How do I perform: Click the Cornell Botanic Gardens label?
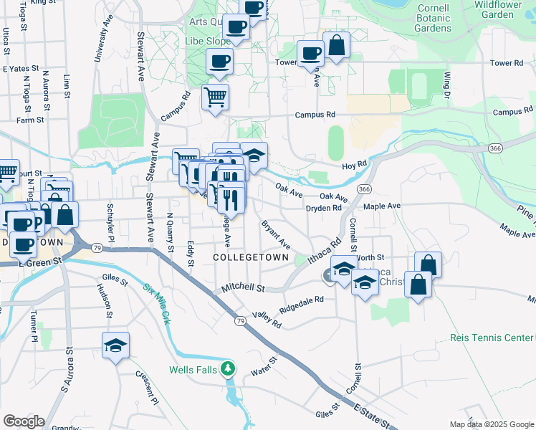coord(434,18)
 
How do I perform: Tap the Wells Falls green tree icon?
coord(228,369)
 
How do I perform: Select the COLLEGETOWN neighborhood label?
coord(251,257)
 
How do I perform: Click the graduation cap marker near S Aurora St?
coord(115,347)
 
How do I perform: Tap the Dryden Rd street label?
coord(323,209)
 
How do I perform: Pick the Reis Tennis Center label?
coord(492,338)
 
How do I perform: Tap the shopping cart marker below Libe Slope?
coord(215,97)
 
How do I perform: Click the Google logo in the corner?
coord(24,421)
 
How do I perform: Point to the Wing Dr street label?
coord(447,85)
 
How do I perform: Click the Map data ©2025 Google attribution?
coord(492,424)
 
